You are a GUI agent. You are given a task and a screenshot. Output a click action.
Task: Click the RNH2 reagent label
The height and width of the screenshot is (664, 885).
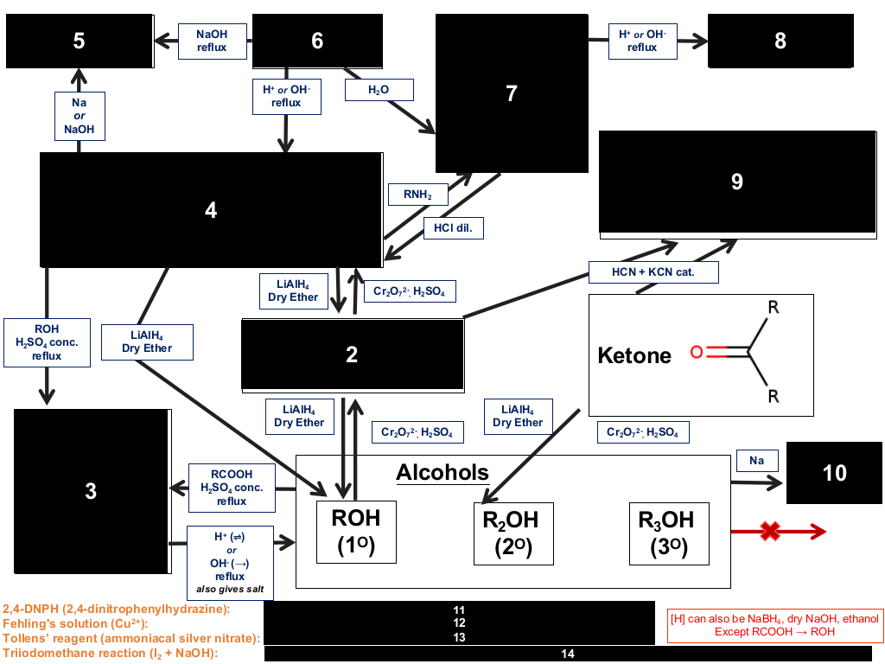click(417, 195)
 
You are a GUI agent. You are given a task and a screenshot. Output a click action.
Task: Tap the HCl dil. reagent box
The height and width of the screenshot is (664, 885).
click(453, 228)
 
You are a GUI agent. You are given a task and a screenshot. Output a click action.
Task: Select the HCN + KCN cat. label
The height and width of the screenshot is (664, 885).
click(653, 272)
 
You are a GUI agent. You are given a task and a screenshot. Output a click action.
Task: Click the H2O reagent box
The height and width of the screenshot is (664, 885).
click(379, 90)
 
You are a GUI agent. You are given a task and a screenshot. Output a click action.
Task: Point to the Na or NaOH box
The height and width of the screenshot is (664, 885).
click(79, 116)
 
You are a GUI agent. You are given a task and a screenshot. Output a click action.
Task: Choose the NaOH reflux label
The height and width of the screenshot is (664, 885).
click(213, 41)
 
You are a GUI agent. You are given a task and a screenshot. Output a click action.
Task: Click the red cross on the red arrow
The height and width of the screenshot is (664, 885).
click(770, 532)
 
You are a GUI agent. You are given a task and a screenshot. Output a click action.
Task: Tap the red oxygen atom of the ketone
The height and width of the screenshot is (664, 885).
click(697, 353)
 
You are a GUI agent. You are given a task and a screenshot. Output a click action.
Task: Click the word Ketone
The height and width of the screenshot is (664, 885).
click(634, 355)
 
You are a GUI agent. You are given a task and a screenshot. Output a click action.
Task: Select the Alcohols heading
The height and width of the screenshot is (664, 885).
click(442, 473)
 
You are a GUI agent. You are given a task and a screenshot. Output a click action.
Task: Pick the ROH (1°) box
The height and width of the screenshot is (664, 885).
click(356, 532)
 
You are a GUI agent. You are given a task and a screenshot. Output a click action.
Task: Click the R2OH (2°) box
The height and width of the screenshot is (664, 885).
click(513, 533)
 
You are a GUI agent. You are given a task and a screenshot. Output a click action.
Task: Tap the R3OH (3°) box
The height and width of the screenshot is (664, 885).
click(669, 533)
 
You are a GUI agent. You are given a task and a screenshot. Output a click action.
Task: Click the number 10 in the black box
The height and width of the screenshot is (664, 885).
click(834, 473)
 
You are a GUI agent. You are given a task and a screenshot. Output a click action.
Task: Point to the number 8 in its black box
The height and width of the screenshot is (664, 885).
click(780, 41)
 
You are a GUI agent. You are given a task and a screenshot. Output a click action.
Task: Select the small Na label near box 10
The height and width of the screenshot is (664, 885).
click(757, 461)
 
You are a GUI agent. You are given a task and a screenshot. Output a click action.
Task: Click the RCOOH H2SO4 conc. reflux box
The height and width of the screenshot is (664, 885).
click(232, 488)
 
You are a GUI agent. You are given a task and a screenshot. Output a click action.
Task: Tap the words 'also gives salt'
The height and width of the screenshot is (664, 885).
click(230, 590)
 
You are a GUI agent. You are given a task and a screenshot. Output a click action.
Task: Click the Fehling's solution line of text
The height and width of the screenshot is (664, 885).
click(75, 623)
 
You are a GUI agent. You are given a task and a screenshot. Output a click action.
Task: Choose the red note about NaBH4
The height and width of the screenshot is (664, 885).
click(775, 625)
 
